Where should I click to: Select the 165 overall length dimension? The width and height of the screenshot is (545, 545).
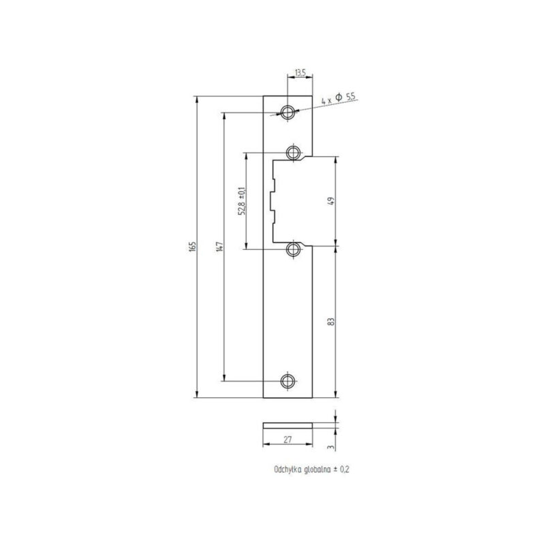click(x=192, y=246)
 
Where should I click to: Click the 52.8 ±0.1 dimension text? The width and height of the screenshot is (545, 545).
click(x=241, y=202)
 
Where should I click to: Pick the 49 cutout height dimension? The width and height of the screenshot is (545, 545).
click(x=330, y=202)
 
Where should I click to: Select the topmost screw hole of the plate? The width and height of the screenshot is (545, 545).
click(x=289, y=112)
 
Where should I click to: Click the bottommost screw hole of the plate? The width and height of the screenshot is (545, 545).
click(x=289, y=380)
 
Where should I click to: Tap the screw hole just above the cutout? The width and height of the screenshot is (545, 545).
click(x=294, y=151)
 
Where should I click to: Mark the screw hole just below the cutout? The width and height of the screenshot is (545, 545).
click(x=294, y=250)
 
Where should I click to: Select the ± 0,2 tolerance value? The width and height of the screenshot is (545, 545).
click(x=342, y=470)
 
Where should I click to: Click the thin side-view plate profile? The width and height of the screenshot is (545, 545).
click(x=287, y=424)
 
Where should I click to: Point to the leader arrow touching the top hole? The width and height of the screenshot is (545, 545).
click(x=281, y=114)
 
